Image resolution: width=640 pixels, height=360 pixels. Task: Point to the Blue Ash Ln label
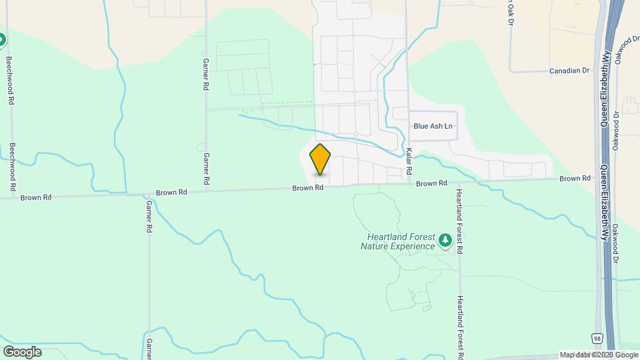click(x=433, y=126)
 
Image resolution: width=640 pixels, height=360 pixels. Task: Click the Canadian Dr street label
click(x=569, y=70)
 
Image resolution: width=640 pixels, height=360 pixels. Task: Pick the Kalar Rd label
click(x=409, y=159)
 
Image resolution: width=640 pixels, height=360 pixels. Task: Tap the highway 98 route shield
click(x=597, y=339)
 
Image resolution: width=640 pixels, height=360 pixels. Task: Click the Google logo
click(x=22, y=351)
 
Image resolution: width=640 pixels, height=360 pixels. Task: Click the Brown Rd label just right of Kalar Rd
click(x=432, y=183)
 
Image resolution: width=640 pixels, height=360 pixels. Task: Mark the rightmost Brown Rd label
click(x=575, y=179)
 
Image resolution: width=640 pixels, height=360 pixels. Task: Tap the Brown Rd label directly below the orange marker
click(x=307, y=189)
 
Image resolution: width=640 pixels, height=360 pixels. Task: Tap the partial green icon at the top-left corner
click(x=2, y=40)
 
